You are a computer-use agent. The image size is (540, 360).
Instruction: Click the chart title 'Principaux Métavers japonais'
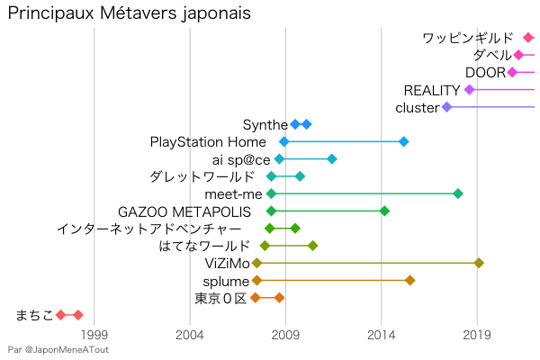(x=129, y=15)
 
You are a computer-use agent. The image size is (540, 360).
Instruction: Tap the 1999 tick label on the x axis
(x=94, y=335)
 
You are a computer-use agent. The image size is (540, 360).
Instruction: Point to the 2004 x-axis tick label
(x=190, y=335)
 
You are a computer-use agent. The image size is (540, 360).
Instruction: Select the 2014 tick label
(x=381, y=335)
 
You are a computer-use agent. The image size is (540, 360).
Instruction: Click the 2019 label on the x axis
(x=476, y=335)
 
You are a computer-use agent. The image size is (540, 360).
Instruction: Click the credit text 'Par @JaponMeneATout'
(x=58, y=349)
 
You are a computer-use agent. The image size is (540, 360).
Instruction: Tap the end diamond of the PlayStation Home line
(x=403, y=142)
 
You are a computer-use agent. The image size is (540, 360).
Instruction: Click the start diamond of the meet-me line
(x=271, y=193)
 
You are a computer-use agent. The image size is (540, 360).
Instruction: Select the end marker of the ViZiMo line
(x=479, y=263)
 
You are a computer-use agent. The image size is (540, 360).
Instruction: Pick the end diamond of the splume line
(x=409, y=280)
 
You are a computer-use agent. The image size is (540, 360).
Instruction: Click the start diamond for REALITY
(x=469, y=90)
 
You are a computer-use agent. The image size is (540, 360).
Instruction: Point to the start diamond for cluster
(x=446, y=107)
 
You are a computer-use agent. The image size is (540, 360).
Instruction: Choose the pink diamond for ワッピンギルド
(x=528, y=38)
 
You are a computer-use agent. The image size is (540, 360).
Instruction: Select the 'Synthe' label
(x=265, y=124)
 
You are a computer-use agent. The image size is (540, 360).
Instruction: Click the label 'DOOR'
(x=485, y=73)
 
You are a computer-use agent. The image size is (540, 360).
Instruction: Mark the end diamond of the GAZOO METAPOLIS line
(x=384, y=211)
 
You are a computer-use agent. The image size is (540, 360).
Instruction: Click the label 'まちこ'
(x=35, y=315)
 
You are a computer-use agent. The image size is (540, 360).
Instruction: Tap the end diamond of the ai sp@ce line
(x=332, y=159)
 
